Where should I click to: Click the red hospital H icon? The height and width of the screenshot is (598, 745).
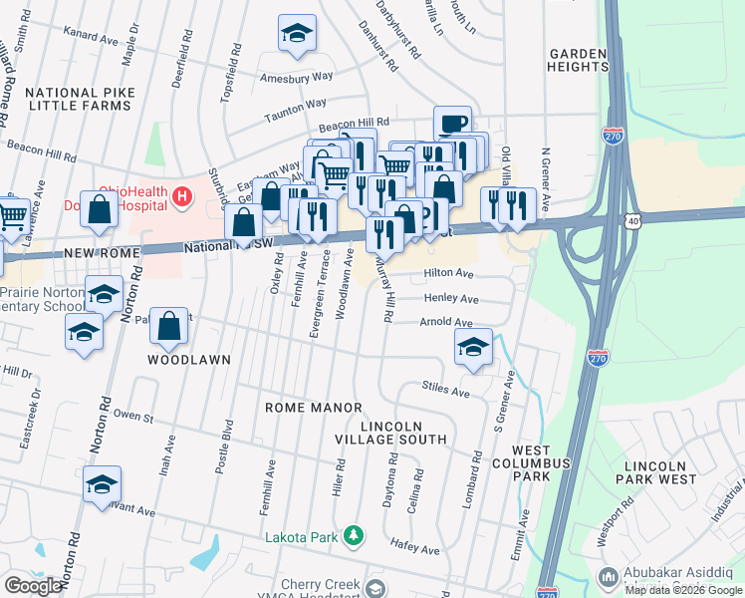point(181,197)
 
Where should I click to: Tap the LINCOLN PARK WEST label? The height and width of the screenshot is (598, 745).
point(667,473)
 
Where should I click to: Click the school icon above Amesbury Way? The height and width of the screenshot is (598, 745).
point(297,36)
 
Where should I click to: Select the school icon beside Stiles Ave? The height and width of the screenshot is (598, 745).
point(473,348)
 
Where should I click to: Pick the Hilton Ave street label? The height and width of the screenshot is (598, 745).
point(448,272)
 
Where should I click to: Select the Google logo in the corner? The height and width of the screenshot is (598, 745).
point(33,586)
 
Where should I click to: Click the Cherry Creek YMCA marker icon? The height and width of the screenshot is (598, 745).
point(374,587)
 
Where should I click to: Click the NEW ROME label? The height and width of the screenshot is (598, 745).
point(92,254)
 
